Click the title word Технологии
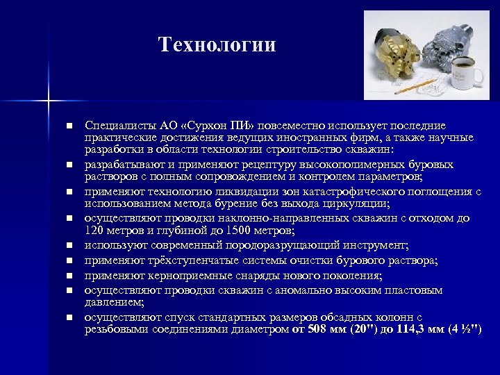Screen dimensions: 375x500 click(217, 45)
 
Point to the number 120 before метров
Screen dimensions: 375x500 click(94, 230)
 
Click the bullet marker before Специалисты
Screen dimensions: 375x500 click(69, 126)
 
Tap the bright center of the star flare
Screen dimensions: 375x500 click(49, 102)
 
